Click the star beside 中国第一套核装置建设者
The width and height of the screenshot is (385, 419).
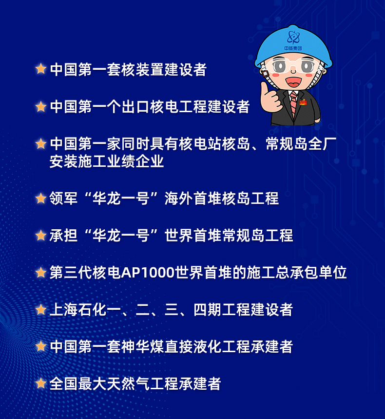pos(41,69)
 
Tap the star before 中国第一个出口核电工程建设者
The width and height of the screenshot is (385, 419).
pos(41,106)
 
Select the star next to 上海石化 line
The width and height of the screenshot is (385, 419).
pos(41,309)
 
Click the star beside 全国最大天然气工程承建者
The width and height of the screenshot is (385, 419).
pos(41,383)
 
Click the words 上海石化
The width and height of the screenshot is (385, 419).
pos(77,309)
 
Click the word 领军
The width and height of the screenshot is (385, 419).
pos(63,198)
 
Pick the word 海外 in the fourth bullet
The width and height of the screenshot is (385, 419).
pos(179,198)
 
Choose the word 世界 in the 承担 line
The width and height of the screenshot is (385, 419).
pos(179,235)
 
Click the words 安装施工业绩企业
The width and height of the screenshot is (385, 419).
pos(107,161)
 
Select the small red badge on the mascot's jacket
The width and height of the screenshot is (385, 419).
pos(303,102)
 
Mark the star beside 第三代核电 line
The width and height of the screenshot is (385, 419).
pos(41,273)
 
